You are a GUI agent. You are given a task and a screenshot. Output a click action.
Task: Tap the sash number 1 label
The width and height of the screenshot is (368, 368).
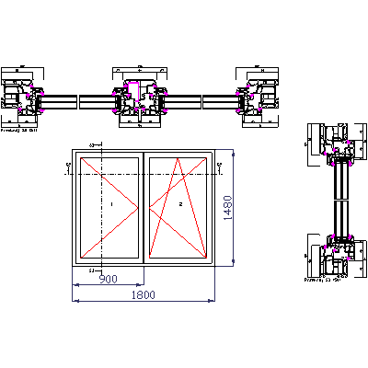110,204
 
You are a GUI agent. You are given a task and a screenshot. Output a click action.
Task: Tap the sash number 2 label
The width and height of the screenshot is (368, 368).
181,204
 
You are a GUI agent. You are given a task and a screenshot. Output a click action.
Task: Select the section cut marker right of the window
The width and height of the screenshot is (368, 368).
220,166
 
